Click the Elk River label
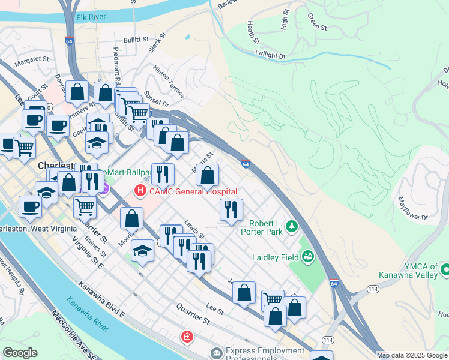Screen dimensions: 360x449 click(x=90, y=18)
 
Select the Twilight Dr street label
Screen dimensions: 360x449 click(x=270, y=55)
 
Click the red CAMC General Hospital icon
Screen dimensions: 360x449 click(x=140, y=192)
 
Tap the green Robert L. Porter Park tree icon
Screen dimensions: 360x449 click(x=292, y=226)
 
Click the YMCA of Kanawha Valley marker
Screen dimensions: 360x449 click(x=444, y=269)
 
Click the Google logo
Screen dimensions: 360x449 click(x=20, y=353)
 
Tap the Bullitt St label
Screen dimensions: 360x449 click(x=136, y=40)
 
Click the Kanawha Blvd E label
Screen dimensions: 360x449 click(x=104, y=301)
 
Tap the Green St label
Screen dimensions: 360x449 click(x=316, y=23)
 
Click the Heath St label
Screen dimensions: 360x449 click(x=253, y=33)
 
